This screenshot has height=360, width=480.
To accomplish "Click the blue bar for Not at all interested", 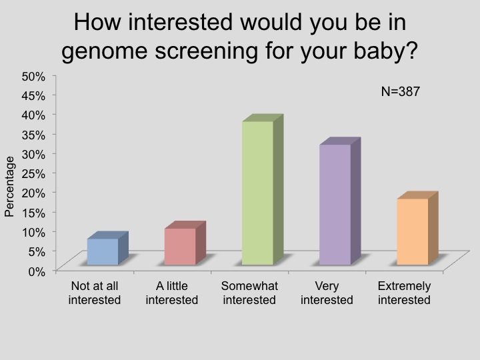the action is click(107, 248).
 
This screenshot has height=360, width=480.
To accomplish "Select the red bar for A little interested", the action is click(185, 243).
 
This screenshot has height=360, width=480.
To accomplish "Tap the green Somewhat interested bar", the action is click(263, 190).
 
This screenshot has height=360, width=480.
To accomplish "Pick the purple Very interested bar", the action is click(340, 201).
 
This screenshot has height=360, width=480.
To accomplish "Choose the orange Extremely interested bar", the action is click(417, 229).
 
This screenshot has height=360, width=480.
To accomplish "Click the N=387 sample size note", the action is click(401, 91).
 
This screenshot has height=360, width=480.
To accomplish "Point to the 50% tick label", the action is click(33, 76).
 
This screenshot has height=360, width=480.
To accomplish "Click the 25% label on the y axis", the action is click(33, 173).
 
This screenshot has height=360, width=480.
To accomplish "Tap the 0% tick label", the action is click(37, 271).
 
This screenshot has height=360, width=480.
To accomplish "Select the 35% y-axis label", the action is click(33, 135).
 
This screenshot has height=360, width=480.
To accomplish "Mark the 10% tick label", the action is click(33, 232).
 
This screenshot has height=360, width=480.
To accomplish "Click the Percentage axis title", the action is click(9, 187).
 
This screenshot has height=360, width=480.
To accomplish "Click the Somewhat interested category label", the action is click(249, 293).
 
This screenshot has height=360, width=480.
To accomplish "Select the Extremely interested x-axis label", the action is click(404, 293).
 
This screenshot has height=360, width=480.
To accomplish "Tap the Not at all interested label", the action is click(95, 293).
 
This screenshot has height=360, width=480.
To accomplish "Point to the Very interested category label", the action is click(327, 293).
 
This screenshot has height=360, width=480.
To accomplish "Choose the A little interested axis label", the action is click(172, 293).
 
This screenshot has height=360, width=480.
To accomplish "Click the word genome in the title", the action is click(105, 51).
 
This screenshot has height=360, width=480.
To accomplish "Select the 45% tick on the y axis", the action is click(33, 96).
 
